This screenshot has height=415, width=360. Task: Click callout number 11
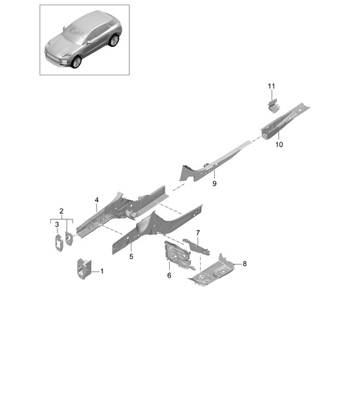tap(271, 87)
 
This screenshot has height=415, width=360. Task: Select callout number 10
tap(279, 145)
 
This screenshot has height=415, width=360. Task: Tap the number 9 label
tap(214, 184)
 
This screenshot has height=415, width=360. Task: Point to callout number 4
tap(96, 200)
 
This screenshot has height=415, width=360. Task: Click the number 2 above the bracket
tap(61, 211)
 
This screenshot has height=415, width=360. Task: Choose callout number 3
tap(57, 225)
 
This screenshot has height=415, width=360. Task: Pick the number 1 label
tap(102, 272)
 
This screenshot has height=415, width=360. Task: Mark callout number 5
tap(131, 256)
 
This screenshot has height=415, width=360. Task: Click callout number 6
tap(169, 276)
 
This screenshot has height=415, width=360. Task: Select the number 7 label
tap(198, 233)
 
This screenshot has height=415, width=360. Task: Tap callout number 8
tap(244, 264)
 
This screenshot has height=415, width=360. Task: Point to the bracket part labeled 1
tap(84, 269)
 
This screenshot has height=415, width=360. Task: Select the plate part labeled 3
tap(59, 243)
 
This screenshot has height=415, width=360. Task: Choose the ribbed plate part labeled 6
tap(176, 254)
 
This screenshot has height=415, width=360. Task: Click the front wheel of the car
tap(77, 62)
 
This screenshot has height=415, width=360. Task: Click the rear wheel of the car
tap(114, 40)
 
